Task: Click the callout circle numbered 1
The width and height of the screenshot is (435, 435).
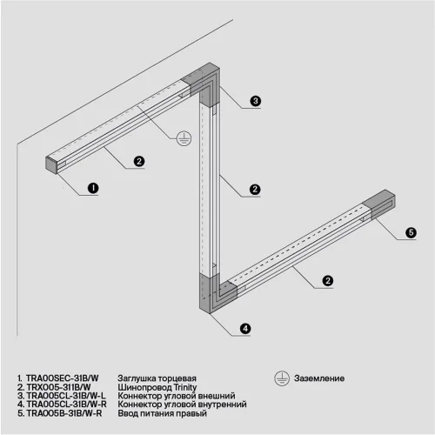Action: point(94,187)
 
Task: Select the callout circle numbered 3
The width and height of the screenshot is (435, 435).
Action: point(256,102)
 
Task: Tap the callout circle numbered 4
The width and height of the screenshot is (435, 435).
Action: point(245,328)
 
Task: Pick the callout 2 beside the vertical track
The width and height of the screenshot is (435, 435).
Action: point(255,189)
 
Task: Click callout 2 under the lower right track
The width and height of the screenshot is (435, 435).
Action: point(328,280)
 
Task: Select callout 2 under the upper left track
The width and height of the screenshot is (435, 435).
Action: point(138,161)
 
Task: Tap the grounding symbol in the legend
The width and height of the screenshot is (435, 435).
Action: point(281,378)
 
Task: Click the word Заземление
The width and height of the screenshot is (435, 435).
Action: point(320,379)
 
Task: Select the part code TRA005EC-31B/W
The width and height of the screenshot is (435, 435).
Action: point(57,379)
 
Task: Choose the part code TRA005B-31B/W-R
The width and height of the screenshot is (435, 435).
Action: point(59,413)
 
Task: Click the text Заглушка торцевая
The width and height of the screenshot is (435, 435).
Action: point(156,379)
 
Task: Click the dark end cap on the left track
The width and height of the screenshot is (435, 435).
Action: point(51,164)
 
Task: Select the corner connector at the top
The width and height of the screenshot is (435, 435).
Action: point(209,79)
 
